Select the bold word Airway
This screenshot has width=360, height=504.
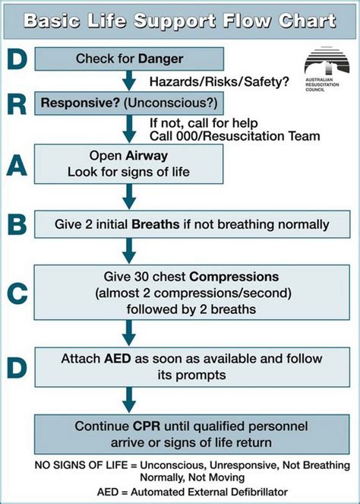click(x=159, y=154)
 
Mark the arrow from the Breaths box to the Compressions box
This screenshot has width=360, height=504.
click(x=128, y=249)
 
